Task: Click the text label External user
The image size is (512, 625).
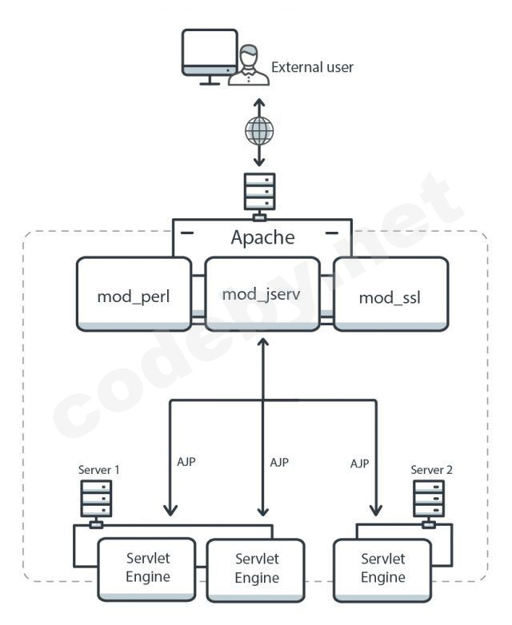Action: click(x=312, y=67)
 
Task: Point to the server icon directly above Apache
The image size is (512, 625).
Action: click(x=258, y=193)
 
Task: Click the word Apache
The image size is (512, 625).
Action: click(x=262, y=237)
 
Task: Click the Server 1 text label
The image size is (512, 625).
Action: click(x=98, y=470)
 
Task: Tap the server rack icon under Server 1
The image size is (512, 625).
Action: click(x=96, y=500)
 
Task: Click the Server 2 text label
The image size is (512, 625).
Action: click(x=431, y=470)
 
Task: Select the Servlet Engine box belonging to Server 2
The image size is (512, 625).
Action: click(x=382, y=569)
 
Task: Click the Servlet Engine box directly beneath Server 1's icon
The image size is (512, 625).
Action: click(x=148, y=569)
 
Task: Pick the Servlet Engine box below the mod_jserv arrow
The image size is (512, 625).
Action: click(x=257, y=569)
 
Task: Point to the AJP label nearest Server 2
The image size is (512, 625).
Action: click(x=360, y=463)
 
